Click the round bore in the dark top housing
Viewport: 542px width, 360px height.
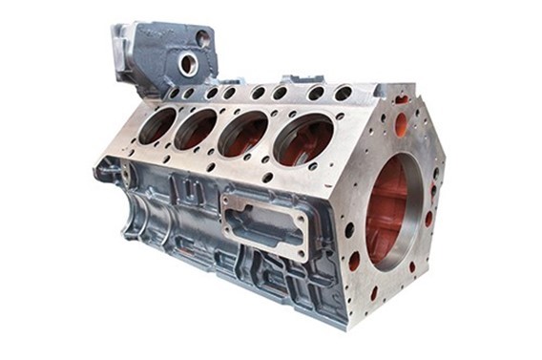pyautogui.click(x=188, y=65)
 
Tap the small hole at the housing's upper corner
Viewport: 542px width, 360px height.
pyautogui.click(x=202, y=39)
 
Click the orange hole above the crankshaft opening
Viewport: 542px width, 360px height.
pyautogui.click(x=402, y=123)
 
